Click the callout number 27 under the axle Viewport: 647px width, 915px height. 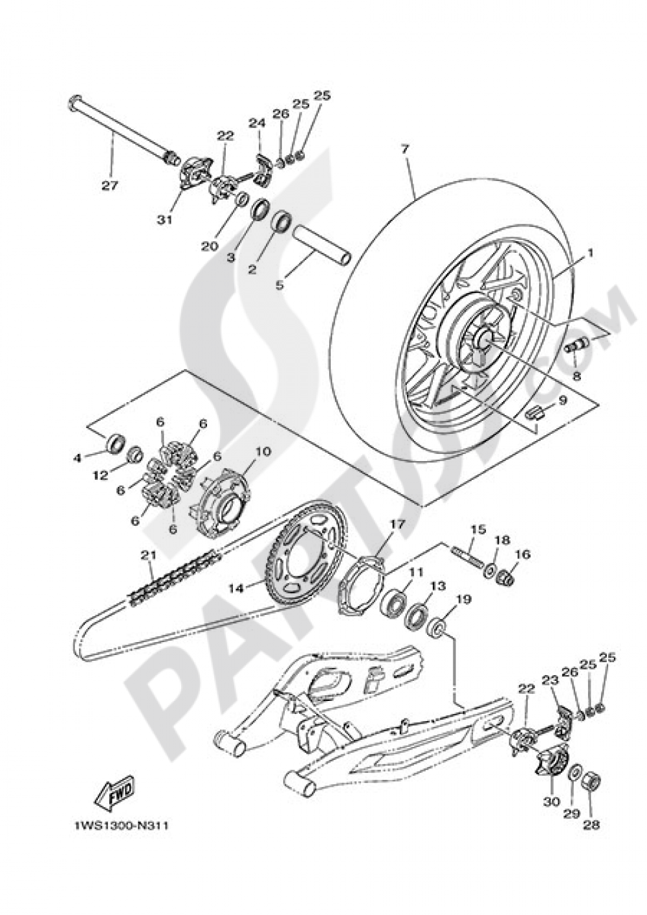(x=109, y=186)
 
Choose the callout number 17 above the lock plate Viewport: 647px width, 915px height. (x=396, y=524)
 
